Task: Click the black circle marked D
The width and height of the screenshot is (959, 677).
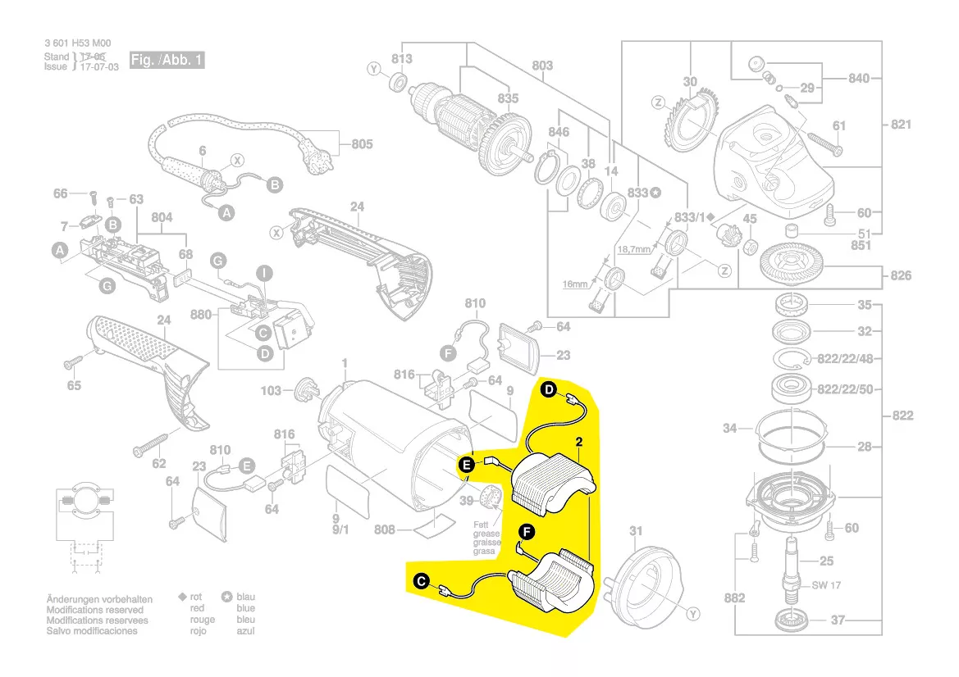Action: tap(549, 391)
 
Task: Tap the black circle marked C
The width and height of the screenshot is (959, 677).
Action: tap(421, 581)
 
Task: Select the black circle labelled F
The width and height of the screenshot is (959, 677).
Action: tap(527, 534)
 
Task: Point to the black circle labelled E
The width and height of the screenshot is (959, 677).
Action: tap(467, 466)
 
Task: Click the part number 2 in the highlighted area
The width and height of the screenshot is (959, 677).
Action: tap(579, 443)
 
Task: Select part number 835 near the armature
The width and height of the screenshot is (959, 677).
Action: tap(508, 98)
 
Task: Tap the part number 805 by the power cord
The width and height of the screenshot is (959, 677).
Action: tap(362, 144)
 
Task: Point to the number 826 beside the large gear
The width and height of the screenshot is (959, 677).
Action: tap(901, 275)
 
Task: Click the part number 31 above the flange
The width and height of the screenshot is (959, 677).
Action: tap(636, 531)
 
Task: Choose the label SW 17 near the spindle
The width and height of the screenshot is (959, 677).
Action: tap(825, 585)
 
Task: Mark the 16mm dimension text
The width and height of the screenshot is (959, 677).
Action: tap(575, 284)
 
